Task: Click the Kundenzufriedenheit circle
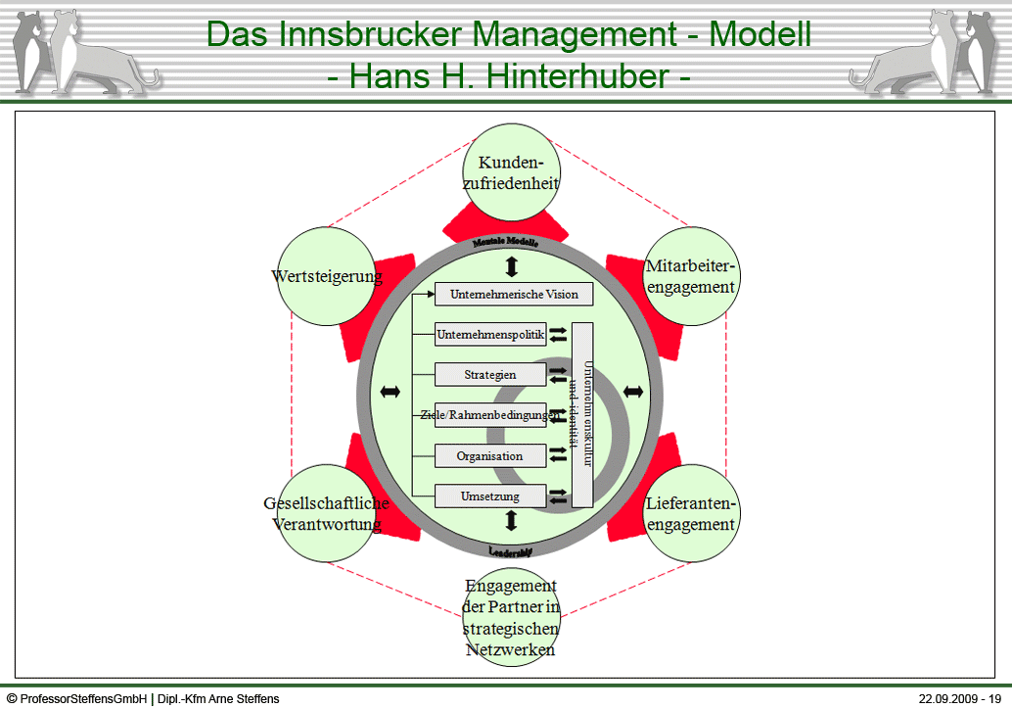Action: tap(511, 172)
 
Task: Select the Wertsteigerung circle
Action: tap(327, 276)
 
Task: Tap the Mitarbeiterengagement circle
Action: tap(690, 276)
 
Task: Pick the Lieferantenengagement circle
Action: tap(690, 513)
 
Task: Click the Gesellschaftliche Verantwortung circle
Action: tap(327, 513)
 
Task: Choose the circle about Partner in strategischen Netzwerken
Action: tap(511, 617)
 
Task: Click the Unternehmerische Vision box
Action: tap(514, 294)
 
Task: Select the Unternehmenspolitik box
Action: tap(490, 334)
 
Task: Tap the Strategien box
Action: tap(490, 374)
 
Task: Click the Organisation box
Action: tap(490, 456)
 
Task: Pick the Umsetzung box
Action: tap(490, 496)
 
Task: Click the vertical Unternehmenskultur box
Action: tap(583, 415)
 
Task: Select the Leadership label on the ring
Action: tap(510, 551)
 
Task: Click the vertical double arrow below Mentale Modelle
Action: tap(511, 266)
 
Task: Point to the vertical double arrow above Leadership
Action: tap(511, 521)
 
